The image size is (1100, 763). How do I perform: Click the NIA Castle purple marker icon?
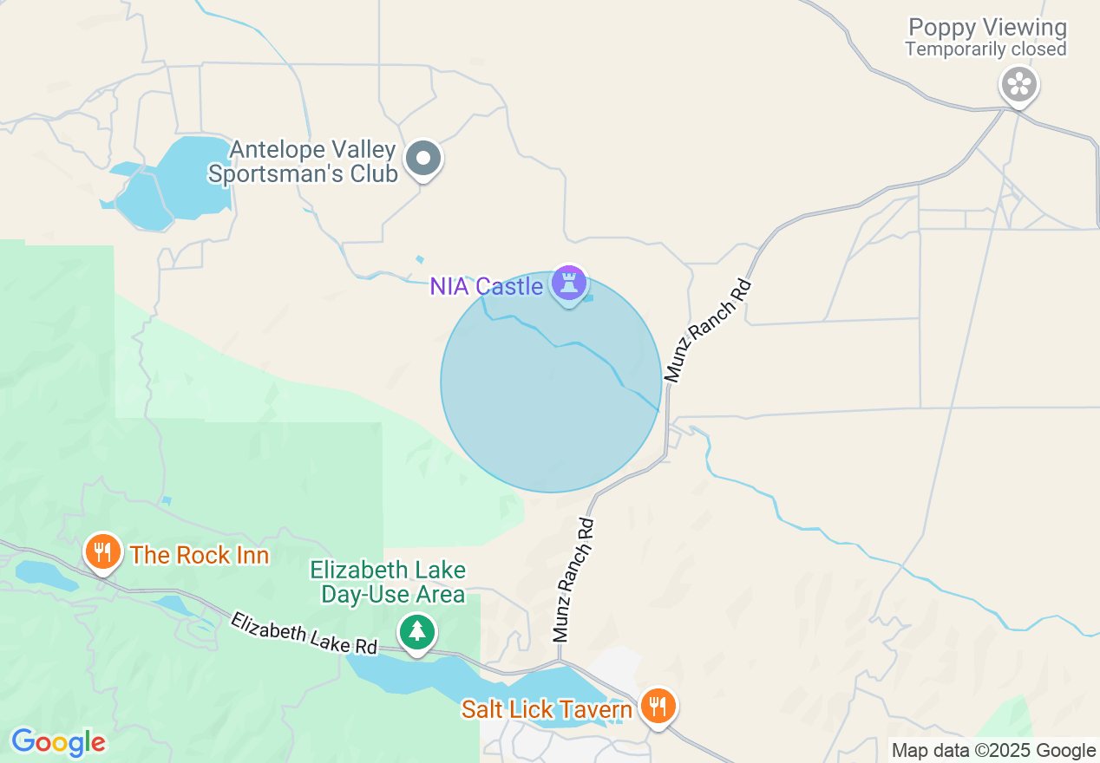pyautogui.click(x=569, y=284)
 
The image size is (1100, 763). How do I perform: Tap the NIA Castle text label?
pyautogui.click(x=487, y=286)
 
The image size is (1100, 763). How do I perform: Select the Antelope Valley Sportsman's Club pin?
pyautogui.click(x=424, y=159)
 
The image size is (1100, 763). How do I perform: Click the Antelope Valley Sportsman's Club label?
pyautogui.click(x=313, y=162)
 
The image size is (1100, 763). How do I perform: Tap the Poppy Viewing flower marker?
pyautogui.click(x=1019, y=85)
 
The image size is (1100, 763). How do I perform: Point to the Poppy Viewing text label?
pyautogui.click(x=986, y=28)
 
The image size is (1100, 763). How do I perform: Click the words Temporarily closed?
pyautogui.click(x=985, y=49)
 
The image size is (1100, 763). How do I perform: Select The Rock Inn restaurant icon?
pyautogui.click(x=102, y=551)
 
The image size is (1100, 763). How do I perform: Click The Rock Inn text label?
pyautogui.click(x=200, y=555)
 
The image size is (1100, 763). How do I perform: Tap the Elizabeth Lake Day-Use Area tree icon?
pyautogui.click(x=417, y=631)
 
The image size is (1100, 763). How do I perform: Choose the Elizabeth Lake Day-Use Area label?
pyautogui.click(x=389, y=582)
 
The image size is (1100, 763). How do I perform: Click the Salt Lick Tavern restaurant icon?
pyautogui.click(x=658, y=707)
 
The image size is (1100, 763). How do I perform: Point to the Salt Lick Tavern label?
pyautogui.click(x=547, y=710)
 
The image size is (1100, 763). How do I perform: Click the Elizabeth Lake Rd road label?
pyautogui.click(x=304, y=634)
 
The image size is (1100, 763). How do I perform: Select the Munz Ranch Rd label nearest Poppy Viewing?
pyautogui.click(x=707, y=330)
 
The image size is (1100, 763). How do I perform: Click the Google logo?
pyautogui.click(x=58, y=742)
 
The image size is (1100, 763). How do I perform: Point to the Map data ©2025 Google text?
pyautogui.click(x=993, y=751)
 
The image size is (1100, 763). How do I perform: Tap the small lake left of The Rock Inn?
pyautogui.click(x=43, y=573)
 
